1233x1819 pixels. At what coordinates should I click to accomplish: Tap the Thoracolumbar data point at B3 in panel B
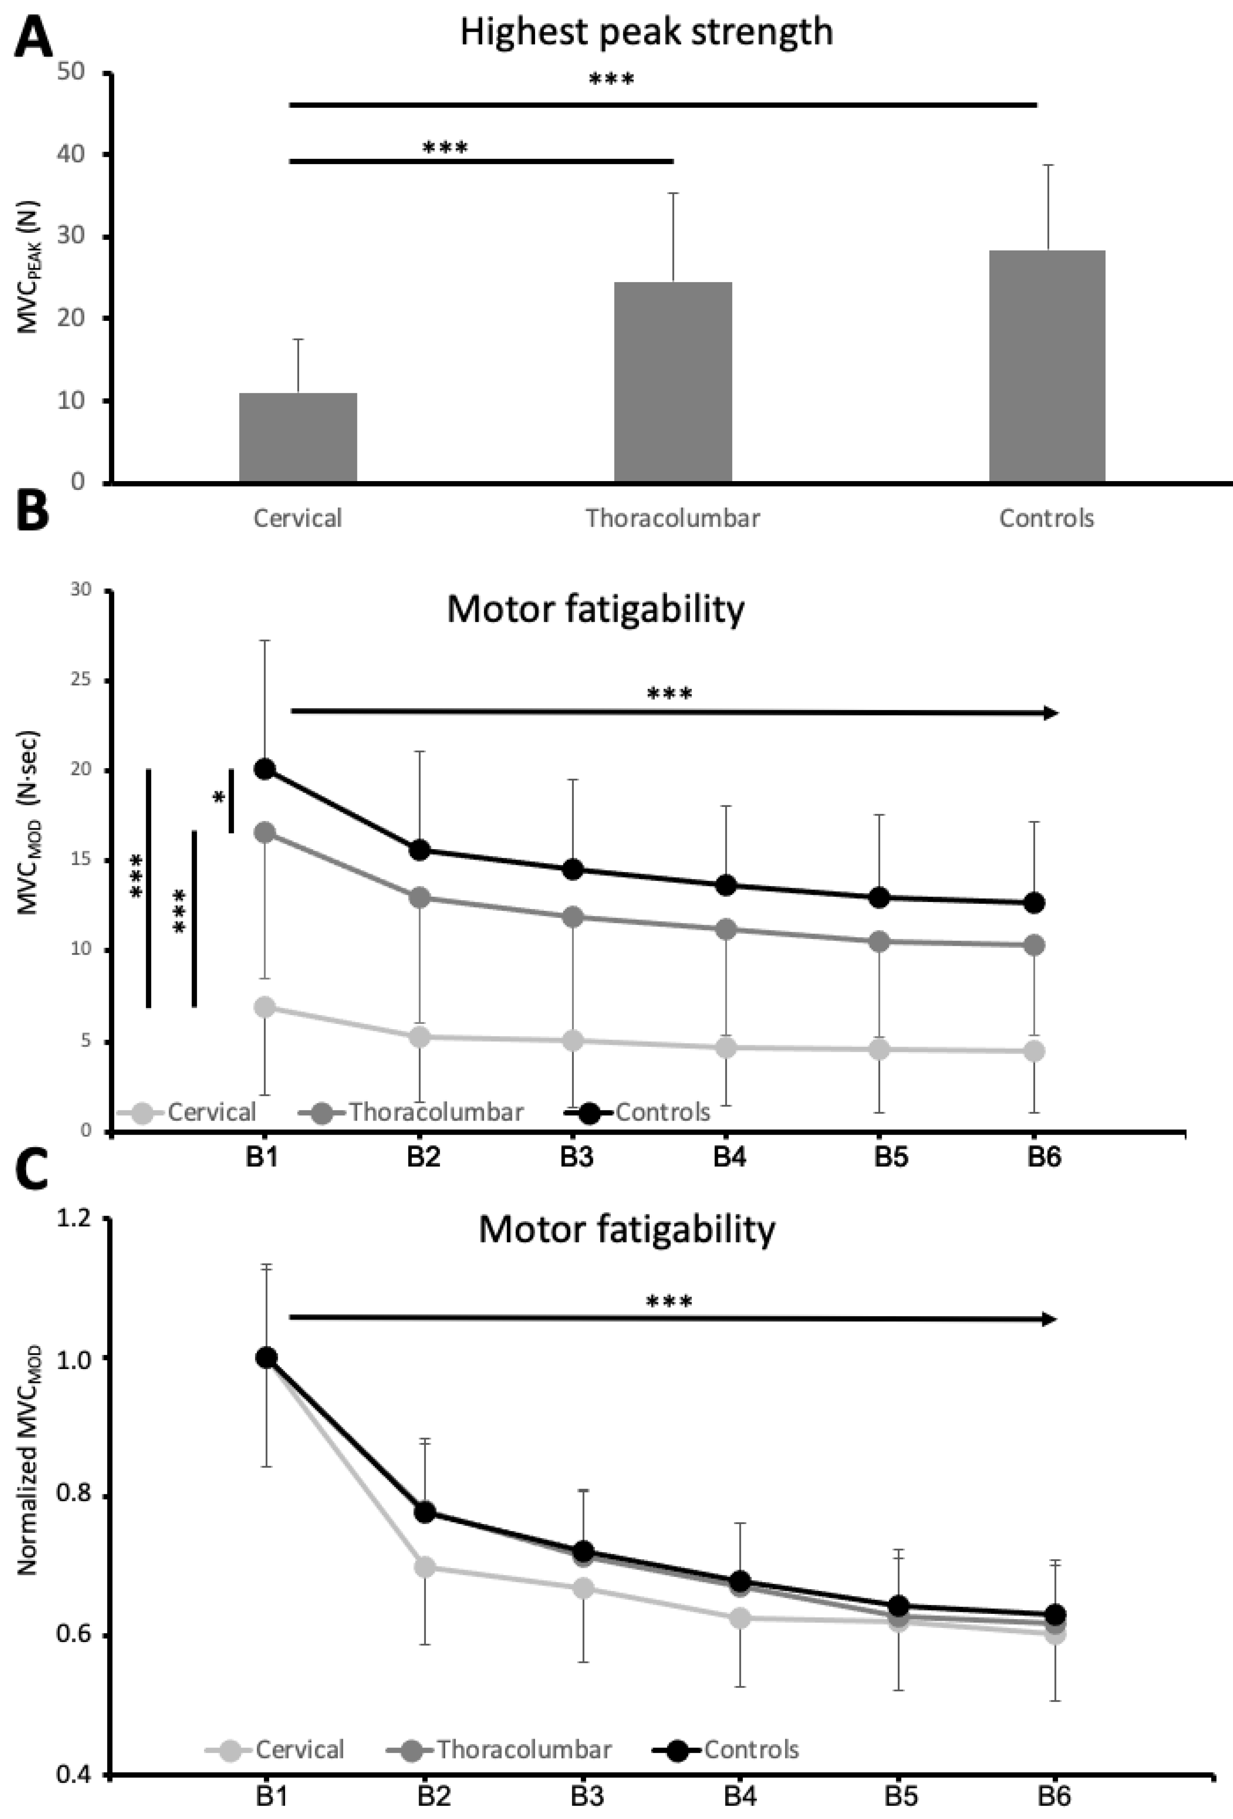(573, 917)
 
